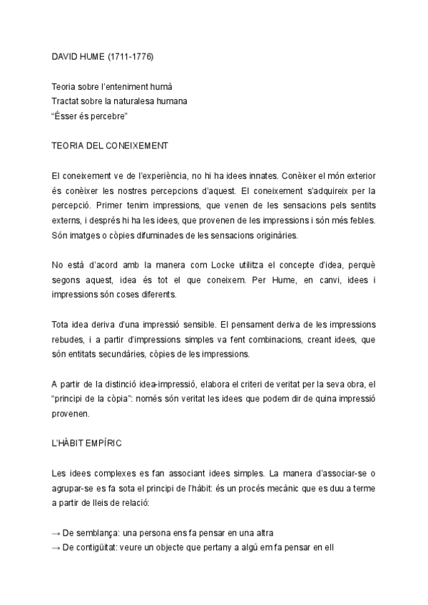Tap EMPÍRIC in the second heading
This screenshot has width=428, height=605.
pyautogui.click(x=106, y=444)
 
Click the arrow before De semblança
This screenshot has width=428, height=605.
pyautogui.click(x=56, y=534)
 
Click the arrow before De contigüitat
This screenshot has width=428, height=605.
pyautogui.click(x=56, y=549)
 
